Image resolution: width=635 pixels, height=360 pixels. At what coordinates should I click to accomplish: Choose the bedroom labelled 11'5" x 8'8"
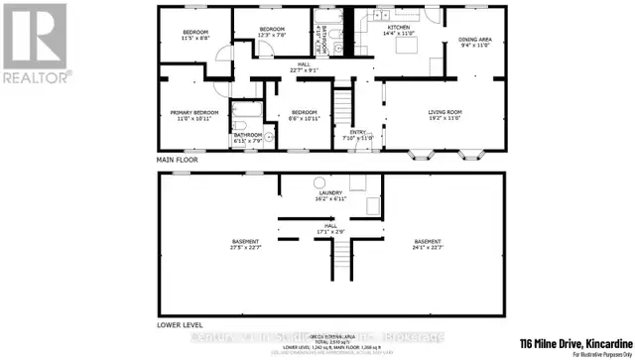tap(195, 37)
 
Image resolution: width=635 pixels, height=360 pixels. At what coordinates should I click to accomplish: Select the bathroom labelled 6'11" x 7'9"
tap(248, 137)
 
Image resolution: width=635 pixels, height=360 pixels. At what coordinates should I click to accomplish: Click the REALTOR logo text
tap(35, 75)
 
